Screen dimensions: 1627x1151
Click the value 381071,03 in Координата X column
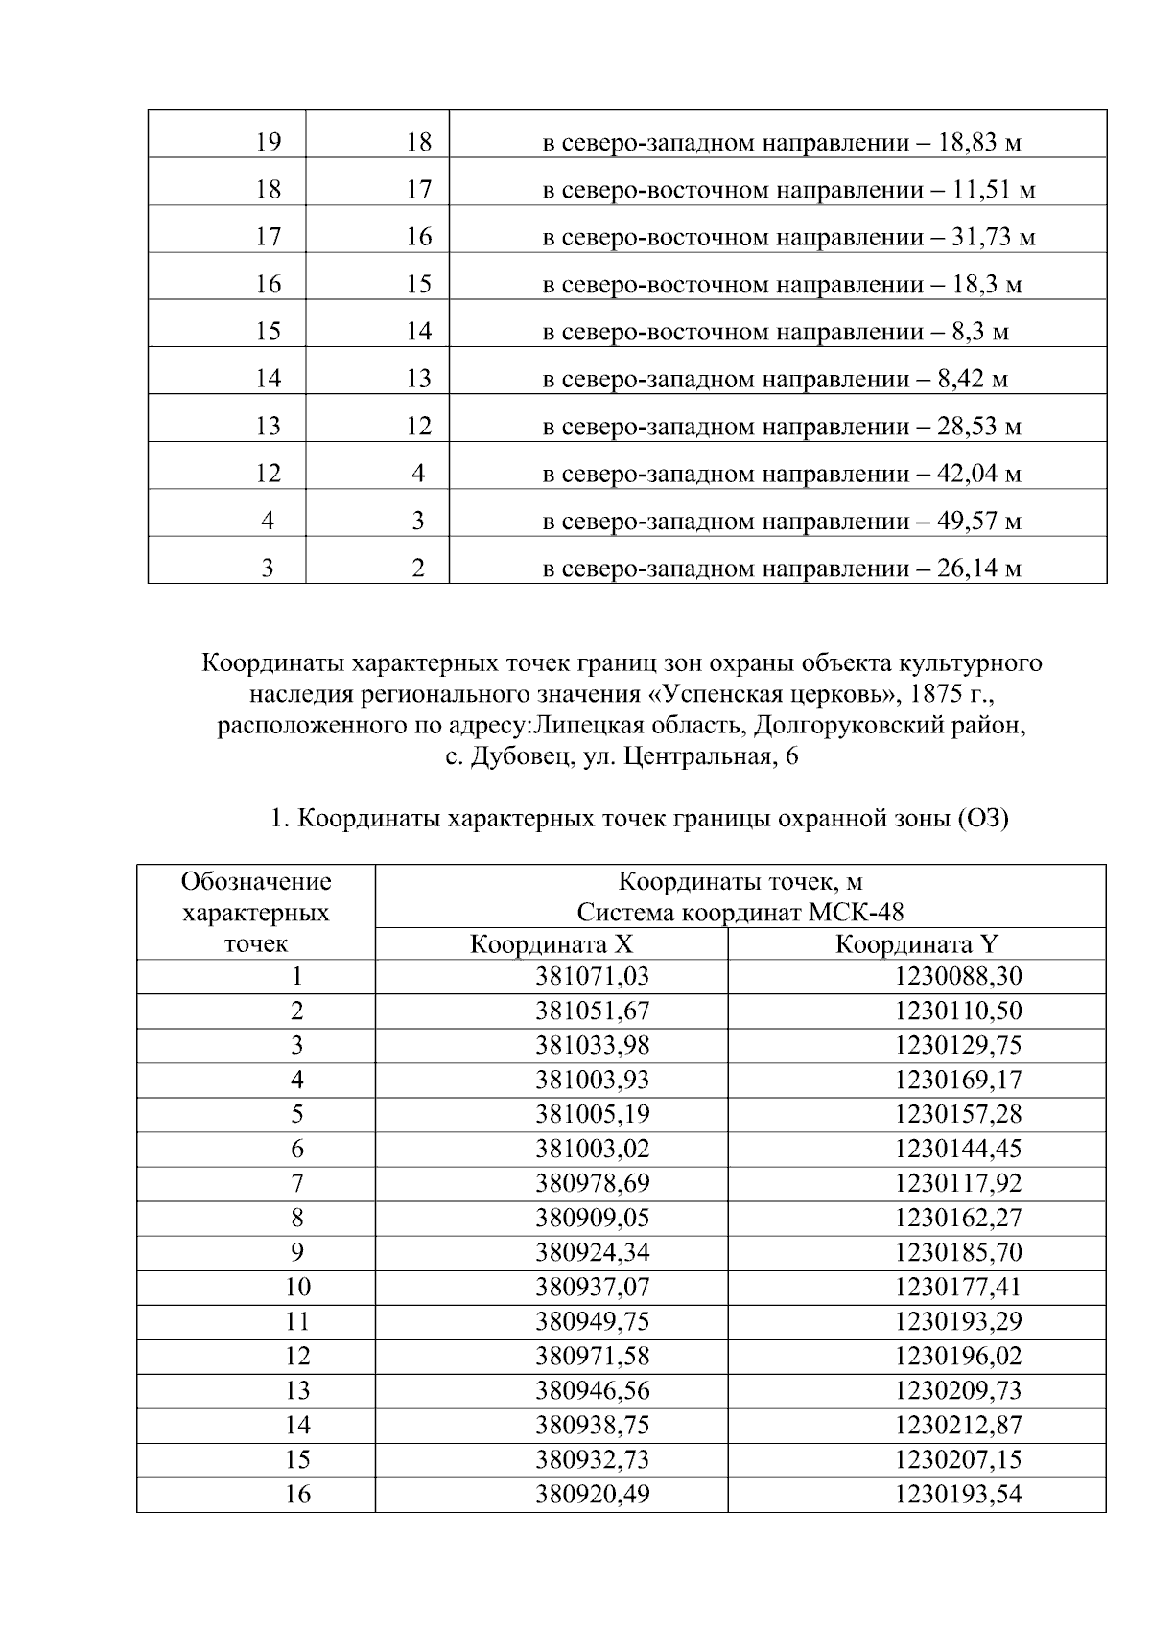pos(592,976)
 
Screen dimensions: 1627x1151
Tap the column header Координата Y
pos(917,944)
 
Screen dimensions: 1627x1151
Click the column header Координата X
pos(552,944)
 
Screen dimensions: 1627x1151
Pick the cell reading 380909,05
pos(592,1218)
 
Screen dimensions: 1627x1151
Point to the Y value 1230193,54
pos(958,1494)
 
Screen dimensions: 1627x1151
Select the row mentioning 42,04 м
pos(782,474)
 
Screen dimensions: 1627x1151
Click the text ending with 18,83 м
pos(782,144)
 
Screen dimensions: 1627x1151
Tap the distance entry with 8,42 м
pos(775,379)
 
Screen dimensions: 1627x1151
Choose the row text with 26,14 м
pos(782,569)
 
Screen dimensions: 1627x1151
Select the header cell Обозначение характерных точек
pos(255,912)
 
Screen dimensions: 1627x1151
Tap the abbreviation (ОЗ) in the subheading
pos(981,820)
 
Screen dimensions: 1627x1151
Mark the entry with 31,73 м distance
pos(788,237)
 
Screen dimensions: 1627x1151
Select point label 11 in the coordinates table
pos(297,1321)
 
